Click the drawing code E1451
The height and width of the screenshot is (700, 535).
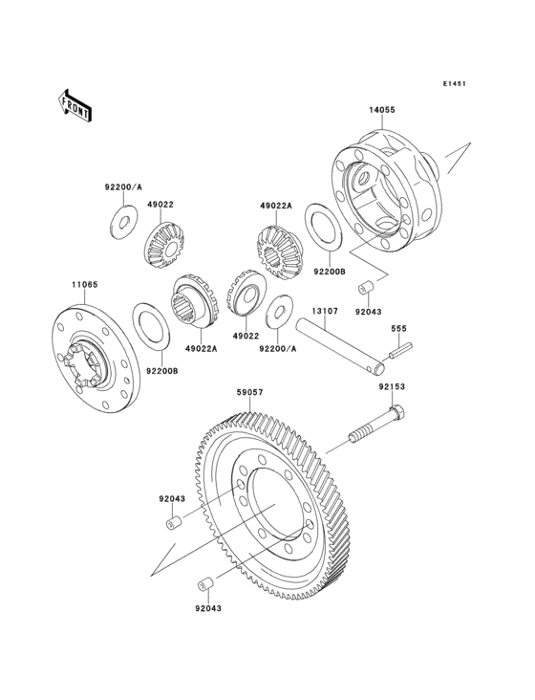click(x=454, y=84)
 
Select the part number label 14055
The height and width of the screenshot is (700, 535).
click(x=382, y=110)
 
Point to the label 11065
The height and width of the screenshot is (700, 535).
click(x=84, y=284)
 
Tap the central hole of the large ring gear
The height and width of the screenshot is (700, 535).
click(x=258, y=516)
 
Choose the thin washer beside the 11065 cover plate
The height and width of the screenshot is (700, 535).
click(x=149, y=325)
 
